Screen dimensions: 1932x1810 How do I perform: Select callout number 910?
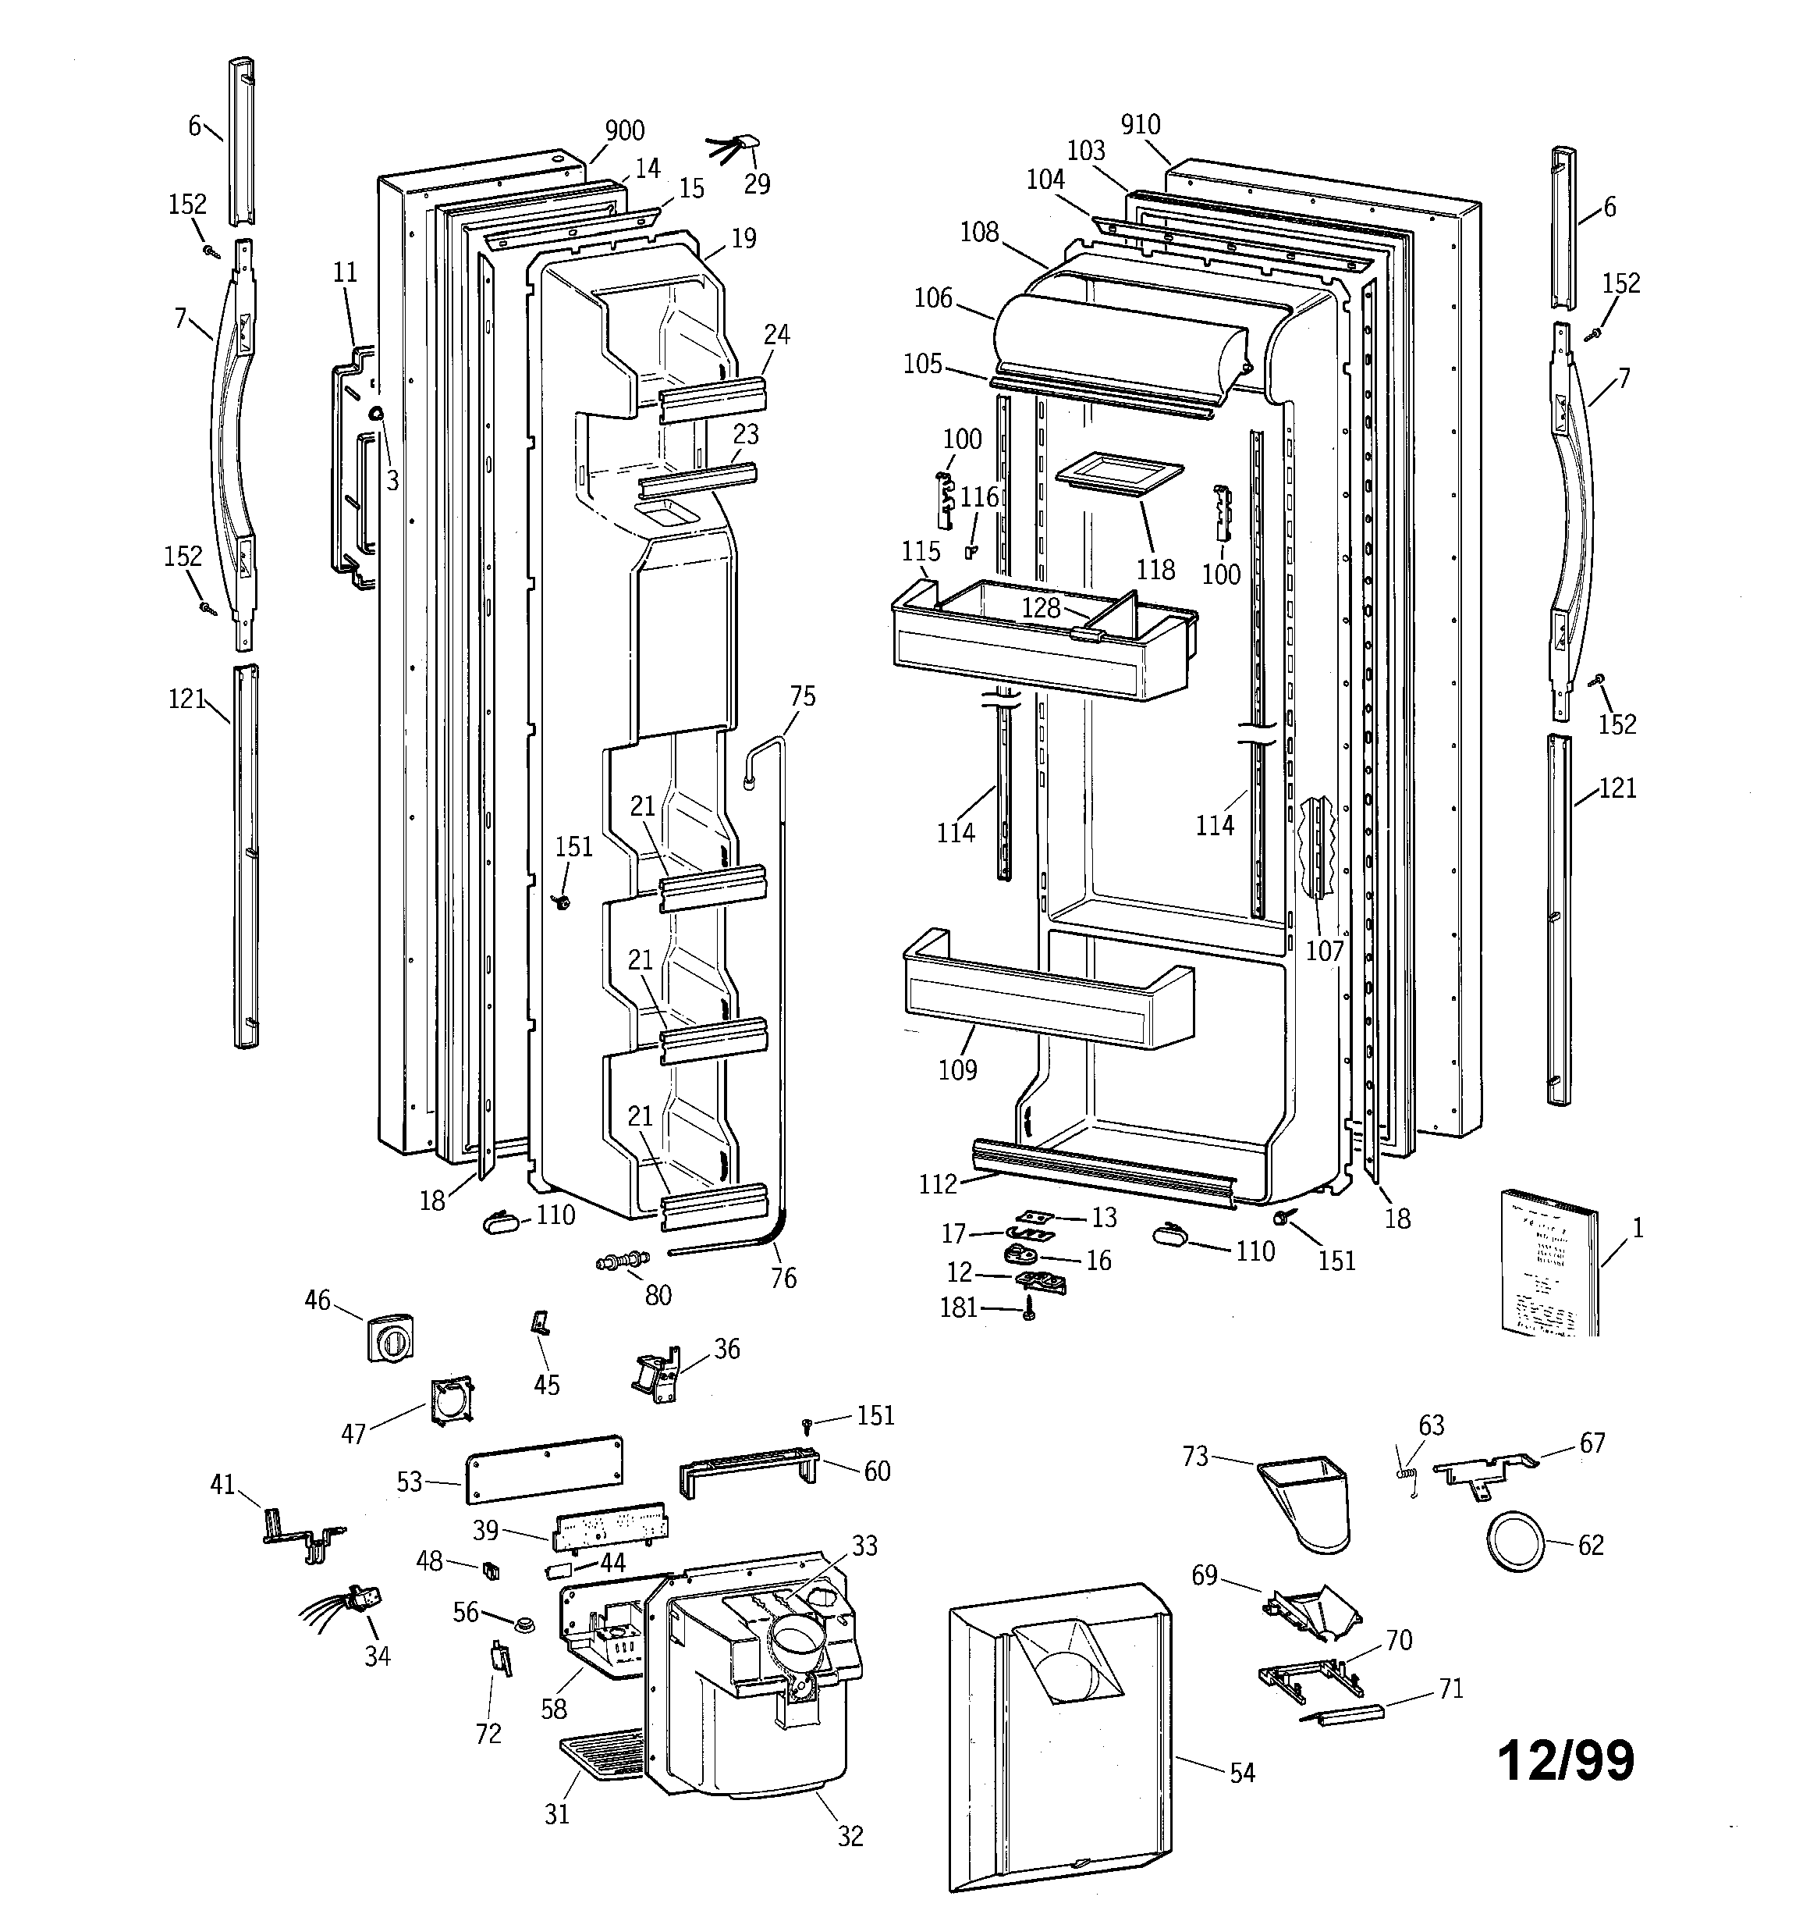pyautogui.click(x=1140, y=124)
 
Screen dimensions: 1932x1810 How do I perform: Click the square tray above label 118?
pyautogui.click(x=1118, y=475)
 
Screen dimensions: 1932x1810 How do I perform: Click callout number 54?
pyautogui.click(x=1241, y=1774)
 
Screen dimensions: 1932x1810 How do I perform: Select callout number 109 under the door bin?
pyautogui.click(x=957, y=1070)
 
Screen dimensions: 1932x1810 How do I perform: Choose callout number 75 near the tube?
pyautogui.click(x=803, y=697)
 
